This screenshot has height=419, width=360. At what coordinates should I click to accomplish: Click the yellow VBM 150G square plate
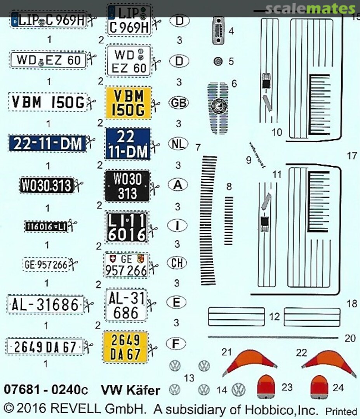pyautogui.click(x=128, y=103)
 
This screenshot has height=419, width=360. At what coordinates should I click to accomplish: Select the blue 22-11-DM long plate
pyautogui.click(x=47, y=143)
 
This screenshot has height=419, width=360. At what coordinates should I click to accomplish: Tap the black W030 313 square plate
pyautogui.click(x=127, y=185)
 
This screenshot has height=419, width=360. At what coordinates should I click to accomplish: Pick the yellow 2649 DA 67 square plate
pyautogui.click(x=125, y=346)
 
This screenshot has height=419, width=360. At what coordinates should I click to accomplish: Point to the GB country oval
pyautogui.click(x=179, y=103)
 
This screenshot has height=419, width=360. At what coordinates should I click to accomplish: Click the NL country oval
pyautogui.click(x=178, y=144)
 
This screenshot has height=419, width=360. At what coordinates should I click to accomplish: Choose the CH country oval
pyautogui.click(x=177, y=263)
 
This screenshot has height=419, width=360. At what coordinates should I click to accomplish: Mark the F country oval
pyautogui.click(x=176, y=343)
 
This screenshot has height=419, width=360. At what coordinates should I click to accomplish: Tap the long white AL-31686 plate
pyautogui.click(x=45, y=305)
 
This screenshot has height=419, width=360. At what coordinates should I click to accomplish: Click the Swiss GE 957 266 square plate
pyautogui.click(x=126, y=265)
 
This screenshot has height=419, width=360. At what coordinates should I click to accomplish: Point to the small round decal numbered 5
pyautogui.click(x=218, y=61)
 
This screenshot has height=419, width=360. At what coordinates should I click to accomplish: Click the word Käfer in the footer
pyautogui.click(x=143, y=390)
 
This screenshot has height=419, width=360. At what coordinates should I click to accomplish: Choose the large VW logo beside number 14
pyautogui.click(x=239, y=389)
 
